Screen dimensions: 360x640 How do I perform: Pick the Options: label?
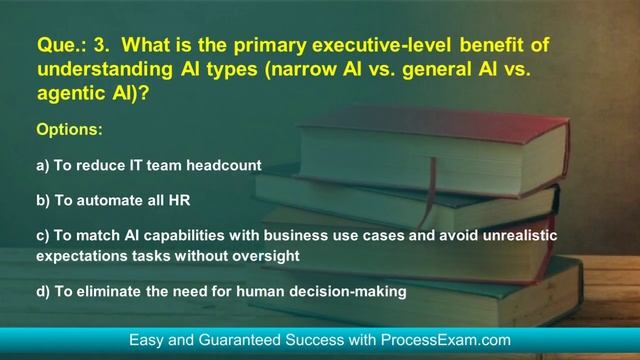click(69, 130)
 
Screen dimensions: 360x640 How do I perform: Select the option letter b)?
click(43, 200)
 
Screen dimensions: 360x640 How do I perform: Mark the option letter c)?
click(43, 235)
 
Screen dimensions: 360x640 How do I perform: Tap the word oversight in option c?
click(265, 256)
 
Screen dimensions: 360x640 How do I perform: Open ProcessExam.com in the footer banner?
click(451, 341)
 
